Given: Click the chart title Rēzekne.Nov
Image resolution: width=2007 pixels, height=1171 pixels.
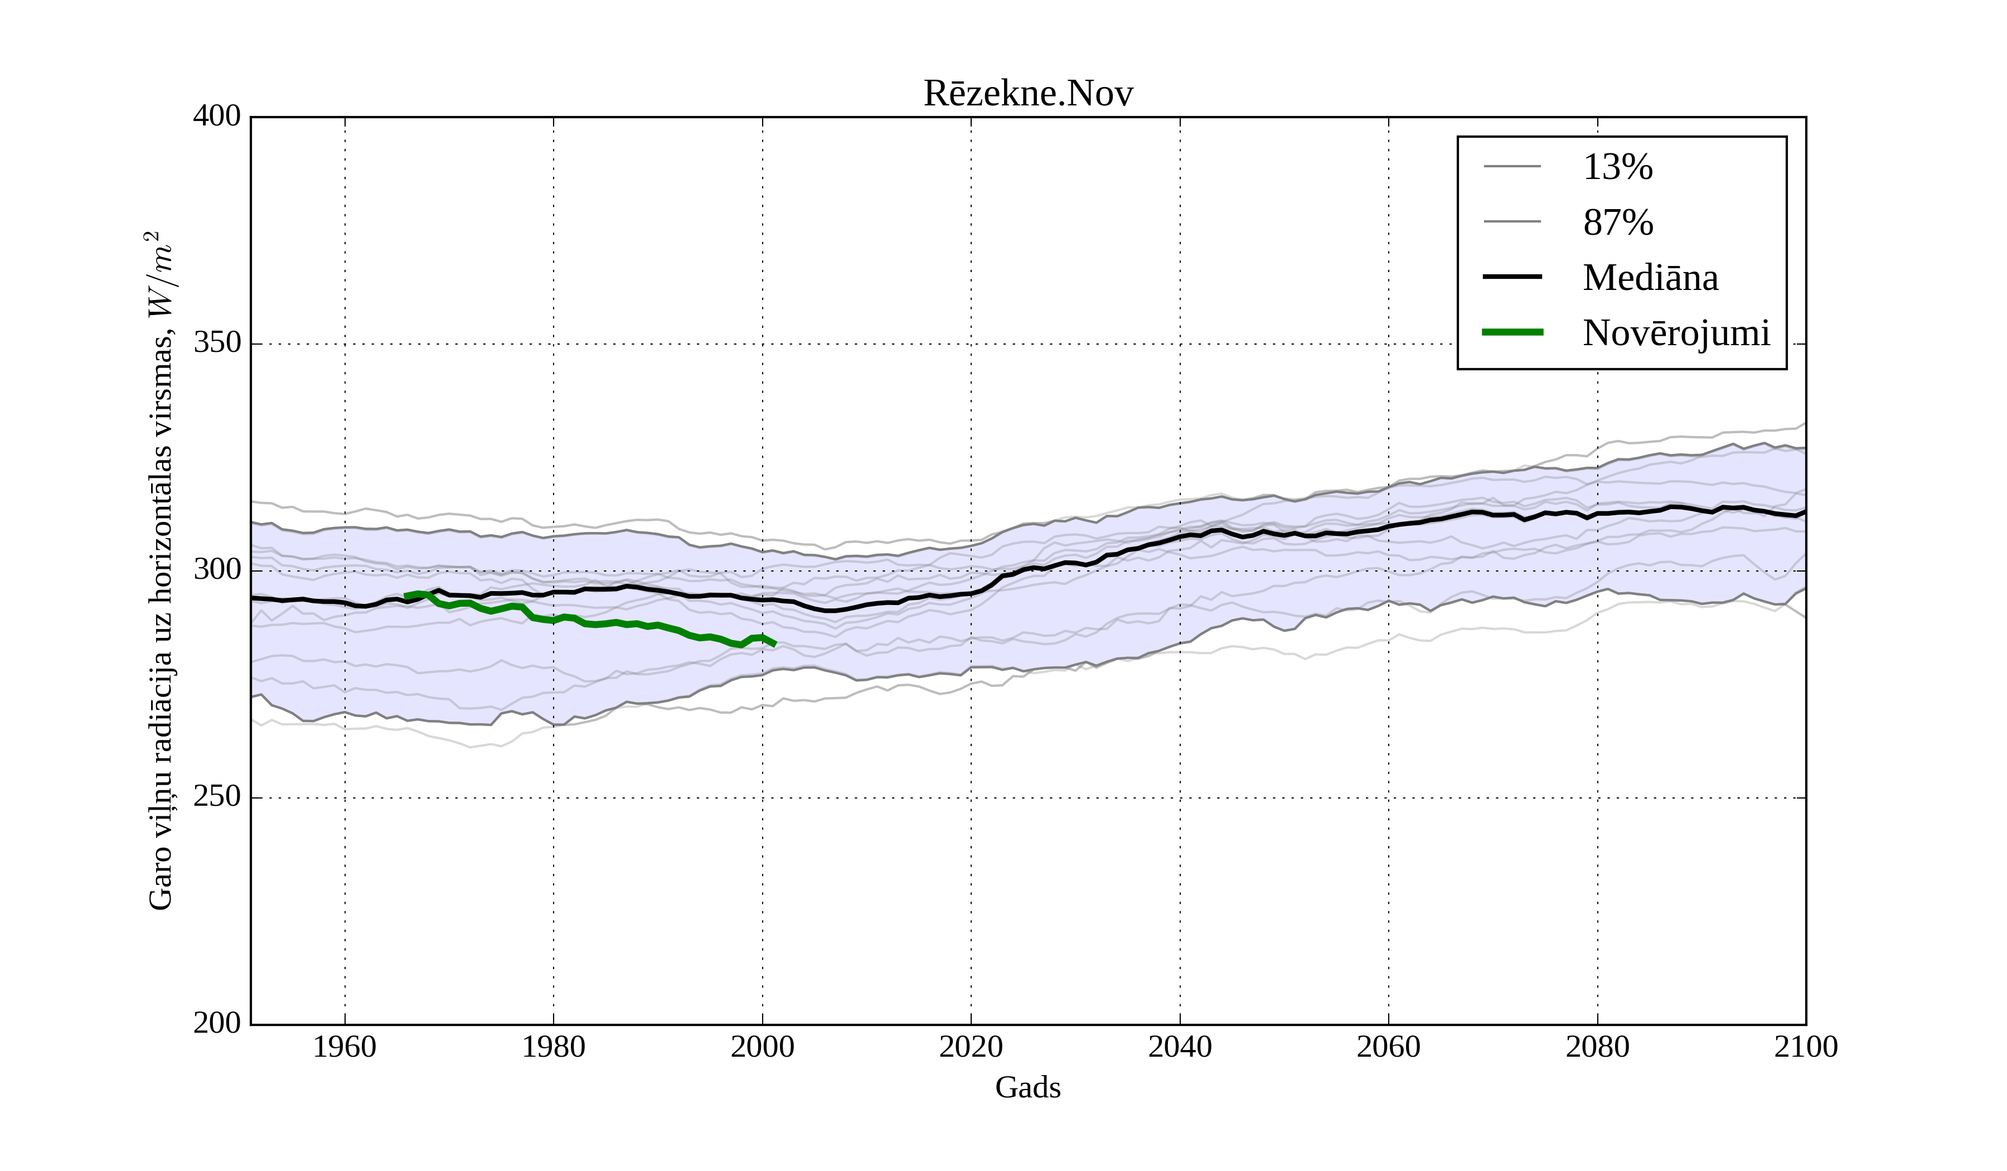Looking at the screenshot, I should click(1027, 94).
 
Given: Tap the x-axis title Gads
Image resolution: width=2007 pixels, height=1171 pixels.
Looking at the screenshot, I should click(1027, 1087).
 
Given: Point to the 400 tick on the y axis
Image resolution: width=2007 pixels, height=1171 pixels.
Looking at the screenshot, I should click(217, 117).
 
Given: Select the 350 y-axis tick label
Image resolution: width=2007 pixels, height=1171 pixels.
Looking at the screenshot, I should click(217, 343).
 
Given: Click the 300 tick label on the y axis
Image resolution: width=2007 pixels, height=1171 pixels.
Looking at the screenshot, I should click(217, 570).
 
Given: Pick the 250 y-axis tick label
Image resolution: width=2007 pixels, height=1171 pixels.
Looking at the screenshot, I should click(217, 797).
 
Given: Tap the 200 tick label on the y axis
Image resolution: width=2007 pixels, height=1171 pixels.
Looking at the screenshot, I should click(217, 1024).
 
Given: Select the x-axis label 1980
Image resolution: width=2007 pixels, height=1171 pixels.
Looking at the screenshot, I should click(554, 1047).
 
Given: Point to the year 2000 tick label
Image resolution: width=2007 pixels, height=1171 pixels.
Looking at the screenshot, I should click(762, 1047).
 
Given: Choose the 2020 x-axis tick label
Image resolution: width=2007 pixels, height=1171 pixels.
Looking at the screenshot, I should click(971, 1047).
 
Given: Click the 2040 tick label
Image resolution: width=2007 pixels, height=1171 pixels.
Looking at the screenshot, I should click(1180, 1047).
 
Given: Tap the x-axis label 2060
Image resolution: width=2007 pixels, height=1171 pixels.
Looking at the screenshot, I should click(1388, 1047).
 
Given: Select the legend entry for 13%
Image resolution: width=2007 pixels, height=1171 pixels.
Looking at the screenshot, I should click(1617, 167).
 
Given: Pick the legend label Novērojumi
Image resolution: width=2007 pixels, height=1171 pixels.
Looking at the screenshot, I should click(1676, 333).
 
